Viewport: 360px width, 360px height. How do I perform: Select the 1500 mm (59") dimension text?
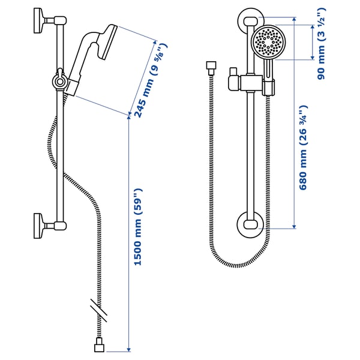(139, 229)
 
